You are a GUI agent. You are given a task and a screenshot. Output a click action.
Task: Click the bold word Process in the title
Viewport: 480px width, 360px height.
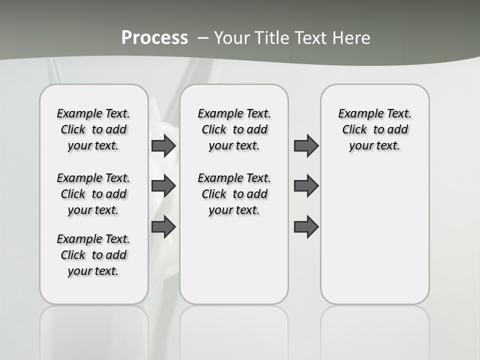click(x=154, y=38)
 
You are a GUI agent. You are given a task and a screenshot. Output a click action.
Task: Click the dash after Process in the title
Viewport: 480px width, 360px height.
click(x=203, y=38)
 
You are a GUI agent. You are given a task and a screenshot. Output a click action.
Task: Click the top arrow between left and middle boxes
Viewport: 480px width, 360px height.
click(x=163, y=146)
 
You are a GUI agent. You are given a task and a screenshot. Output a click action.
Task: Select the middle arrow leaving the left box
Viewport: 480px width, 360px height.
click(x=163, y=186)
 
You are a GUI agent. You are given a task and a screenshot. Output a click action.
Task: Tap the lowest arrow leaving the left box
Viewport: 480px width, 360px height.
click(x=163, y=226)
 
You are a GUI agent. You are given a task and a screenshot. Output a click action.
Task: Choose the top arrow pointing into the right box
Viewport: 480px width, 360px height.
click(x=306, y=146)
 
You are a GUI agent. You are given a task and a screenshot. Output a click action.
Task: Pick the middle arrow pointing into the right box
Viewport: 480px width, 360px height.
click(x=306, y=186)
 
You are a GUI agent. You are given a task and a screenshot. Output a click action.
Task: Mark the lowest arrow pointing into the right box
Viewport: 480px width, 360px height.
click(x=306, y=226)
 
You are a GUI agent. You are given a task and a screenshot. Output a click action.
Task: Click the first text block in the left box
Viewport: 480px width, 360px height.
click(x=93, y=129)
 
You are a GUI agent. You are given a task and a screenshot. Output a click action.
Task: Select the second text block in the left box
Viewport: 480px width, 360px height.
click(x=93, y=194)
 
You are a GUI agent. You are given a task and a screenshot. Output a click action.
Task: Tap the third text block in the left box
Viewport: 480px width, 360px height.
click(x=93, y=255)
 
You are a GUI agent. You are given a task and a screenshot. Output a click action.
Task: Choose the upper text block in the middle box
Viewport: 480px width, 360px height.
click(x=234, y=129)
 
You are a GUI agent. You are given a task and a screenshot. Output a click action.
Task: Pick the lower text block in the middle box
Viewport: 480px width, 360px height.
click(x=234, y=194)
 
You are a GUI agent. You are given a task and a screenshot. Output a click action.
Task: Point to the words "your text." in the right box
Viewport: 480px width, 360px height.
click(x=374, y=146)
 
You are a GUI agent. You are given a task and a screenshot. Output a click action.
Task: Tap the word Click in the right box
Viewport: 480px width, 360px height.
click(x=354, y=129)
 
